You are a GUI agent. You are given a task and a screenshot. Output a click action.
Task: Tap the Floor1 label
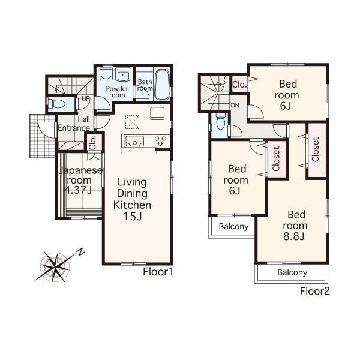pyautogui.click(x=158, y=272)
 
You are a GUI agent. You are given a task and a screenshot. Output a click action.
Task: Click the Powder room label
pyautogui.click(x=116, y=91)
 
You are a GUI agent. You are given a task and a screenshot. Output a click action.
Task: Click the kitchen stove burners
pyautogui.click(x=161, y=141)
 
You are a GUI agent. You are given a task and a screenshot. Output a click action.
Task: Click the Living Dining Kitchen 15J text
pyautogui.click(x=133, y=199)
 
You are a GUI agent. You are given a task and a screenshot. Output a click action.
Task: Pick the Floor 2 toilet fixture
pyautogui.click(x=218, y=124)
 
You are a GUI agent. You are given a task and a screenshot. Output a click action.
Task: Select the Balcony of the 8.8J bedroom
pyautogui.click(x=292, y=272)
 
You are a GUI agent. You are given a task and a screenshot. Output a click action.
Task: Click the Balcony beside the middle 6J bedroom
pyautogui.click(x=233, y=226)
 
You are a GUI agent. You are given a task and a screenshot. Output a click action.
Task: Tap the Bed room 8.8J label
pyautogui.click(x=296, y=225)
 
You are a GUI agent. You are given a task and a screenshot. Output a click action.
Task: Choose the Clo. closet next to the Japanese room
pyautogui.click(x=93, y=143)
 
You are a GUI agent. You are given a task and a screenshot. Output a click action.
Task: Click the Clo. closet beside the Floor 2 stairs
pyautogui.click(x=239, y=85)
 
